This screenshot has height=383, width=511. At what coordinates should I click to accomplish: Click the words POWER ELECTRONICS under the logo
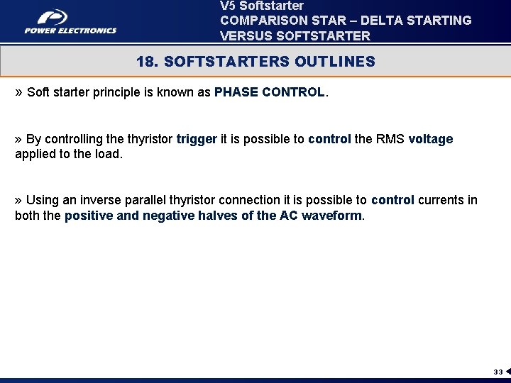70,30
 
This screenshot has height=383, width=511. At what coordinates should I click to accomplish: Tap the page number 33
498,372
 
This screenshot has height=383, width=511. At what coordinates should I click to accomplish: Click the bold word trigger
197,139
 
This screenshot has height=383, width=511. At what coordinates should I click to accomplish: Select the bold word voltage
431,139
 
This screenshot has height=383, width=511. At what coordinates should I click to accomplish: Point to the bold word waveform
331,216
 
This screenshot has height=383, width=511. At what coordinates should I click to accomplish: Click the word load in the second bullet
109,154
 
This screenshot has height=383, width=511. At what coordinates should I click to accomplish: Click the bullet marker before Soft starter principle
19,92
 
